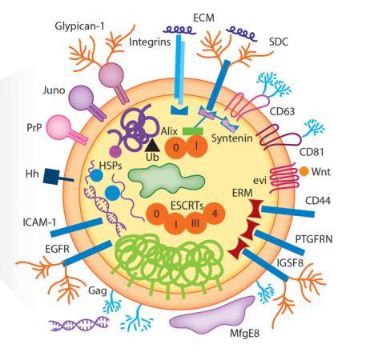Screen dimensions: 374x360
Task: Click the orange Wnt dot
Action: (304, 171)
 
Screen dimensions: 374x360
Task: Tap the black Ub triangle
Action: (153, 146)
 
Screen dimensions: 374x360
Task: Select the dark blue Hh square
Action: (50, 176)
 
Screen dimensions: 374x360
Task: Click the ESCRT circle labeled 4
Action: (215, 214)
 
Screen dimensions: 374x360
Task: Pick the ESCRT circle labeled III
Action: (195, 222)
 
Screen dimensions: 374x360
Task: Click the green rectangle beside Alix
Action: (193, 131)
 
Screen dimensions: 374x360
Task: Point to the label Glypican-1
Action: (79, 26)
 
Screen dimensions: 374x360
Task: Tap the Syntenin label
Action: (232, 138)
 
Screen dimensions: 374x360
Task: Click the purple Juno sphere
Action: (81, 98)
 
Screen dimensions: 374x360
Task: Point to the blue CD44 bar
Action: (288, 211)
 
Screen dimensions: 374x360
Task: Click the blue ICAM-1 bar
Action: (76, 227)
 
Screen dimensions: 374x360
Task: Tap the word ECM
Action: (203, 18)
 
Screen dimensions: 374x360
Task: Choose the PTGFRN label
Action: (314, 239)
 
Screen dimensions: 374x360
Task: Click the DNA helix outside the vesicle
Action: (79, 323)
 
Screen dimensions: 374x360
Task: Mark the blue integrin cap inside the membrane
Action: (179, 110)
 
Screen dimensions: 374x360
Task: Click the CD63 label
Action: (282, 111)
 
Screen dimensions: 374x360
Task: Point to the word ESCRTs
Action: (187, 206)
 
